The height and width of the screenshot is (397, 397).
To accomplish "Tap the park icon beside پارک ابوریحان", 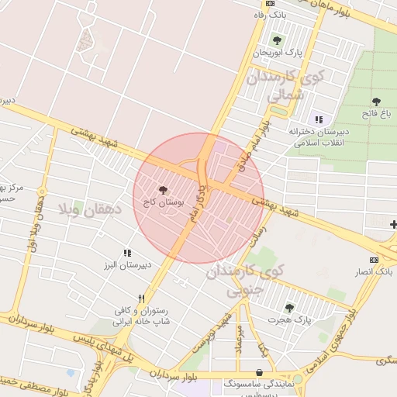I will (277, 40).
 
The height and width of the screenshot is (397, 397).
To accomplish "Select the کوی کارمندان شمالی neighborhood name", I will (278, 87).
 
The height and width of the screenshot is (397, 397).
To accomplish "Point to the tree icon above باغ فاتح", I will (377, 102).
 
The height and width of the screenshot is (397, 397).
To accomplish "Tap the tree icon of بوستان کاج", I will (163, 189).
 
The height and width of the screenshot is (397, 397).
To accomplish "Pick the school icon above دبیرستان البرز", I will (127, 253).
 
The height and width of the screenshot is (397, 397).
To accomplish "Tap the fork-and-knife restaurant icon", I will (141, 298).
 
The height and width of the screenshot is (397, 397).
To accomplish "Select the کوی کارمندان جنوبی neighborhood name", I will (247, 280).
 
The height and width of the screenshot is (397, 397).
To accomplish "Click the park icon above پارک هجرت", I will (289, 307).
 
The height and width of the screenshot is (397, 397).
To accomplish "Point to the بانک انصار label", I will (374, 271).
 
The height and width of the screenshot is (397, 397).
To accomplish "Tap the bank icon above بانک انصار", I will (374, 260).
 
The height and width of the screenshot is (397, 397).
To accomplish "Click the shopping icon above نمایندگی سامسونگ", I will (258, 372).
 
